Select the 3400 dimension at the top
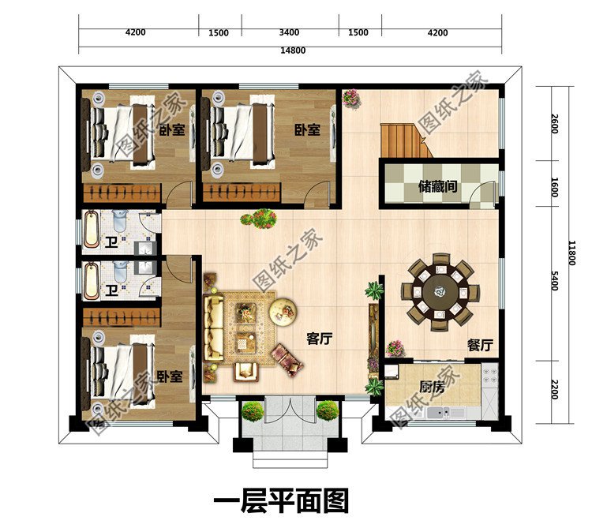290,32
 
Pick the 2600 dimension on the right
555,124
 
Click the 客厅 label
319,339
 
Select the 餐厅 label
480,345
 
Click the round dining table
440,292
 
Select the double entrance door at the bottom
290,415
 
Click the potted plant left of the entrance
253,410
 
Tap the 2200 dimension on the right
555,388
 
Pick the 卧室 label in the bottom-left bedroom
170,377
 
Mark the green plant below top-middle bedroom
259,219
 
